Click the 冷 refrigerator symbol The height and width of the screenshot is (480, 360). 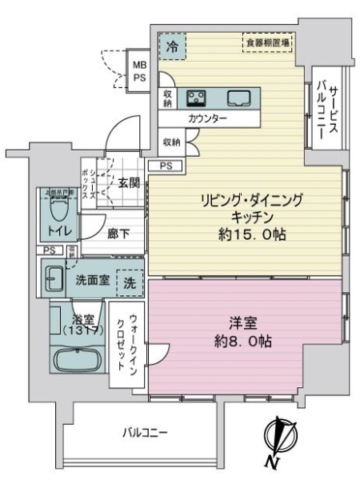point(171,46)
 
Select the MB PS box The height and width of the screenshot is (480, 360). point(139,70)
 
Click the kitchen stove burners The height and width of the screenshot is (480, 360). point(197,98)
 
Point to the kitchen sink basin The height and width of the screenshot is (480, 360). point(238,98)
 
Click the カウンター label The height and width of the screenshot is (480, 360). point(208,118)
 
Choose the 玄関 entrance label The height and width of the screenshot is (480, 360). point(130,182)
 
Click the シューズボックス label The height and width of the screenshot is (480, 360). point(94,184)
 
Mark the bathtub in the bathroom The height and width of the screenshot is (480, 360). point(80,360)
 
